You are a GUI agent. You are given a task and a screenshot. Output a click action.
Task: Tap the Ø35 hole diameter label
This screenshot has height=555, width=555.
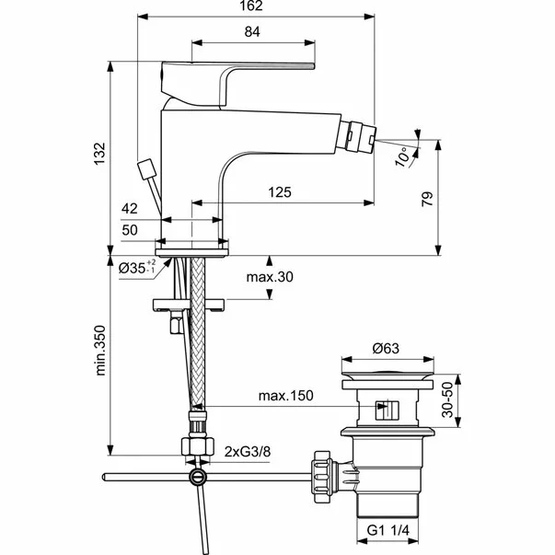coord(141,268)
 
